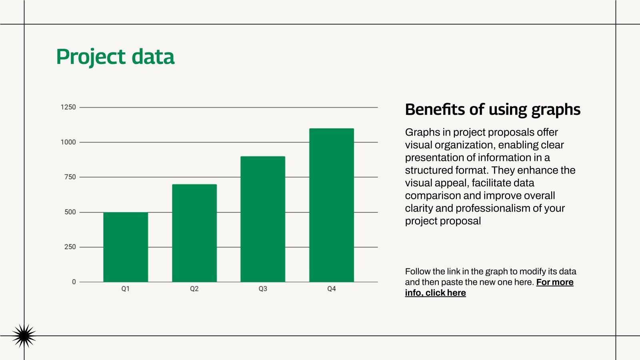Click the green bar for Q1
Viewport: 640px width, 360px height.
(x=126, y=247)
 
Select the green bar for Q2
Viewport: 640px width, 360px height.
(x=194, y=233)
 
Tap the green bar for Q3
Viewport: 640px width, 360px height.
(x=263, y=219)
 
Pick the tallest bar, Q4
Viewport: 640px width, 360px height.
(x=331, y=205)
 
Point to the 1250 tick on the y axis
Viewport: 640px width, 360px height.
(x=68, y=107)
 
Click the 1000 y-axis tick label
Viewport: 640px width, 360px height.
(x=68, y=142)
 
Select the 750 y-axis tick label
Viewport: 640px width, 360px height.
(x=70, y=177)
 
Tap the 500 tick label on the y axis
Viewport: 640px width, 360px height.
(x=70, y=212)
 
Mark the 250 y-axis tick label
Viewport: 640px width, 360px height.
(x=70, y=247)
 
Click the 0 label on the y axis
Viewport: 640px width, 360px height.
(x=74, y=282)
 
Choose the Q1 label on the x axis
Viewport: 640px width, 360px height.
(x=126, y=289)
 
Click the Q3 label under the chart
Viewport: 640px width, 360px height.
(x=263, y=289)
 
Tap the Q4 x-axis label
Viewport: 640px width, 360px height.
(x=331, y=289)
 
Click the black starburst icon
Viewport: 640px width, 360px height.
(x=24, y=336)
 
